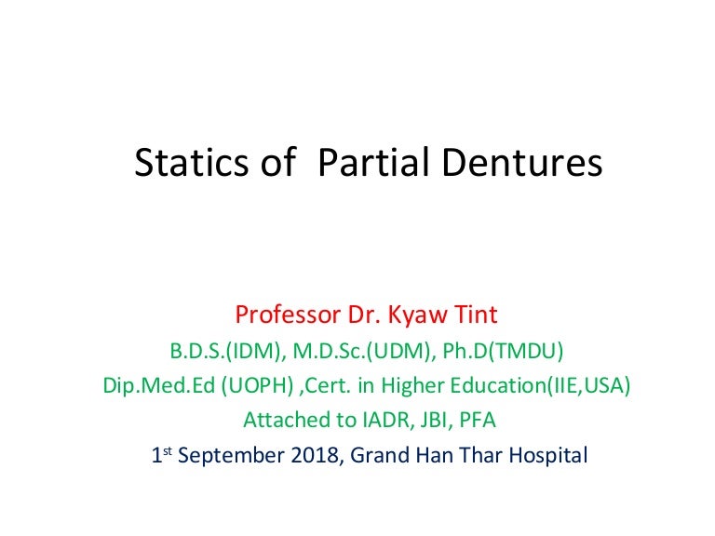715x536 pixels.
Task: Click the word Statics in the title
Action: point(192,162)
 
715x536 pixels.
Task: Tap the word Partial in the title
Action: point(373,162)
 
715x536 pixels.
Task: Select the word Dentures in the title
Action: point(522,162)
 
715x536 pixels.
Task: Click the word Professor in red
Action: point(288,315)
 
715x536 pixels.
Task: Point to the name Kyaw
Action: point(417,315)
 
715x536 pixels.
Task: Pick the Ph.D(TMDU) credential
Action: point(503,351)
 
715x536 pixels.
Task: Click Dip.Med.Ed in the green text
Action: point(158,385)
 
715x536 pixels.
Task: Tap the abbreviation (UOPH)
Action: point(258,385)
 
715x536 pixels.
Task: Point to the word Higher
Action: point(412,386)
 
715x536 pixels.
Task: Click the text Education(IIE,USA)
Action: point(540,385)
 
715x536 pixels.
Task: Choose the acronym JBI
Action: point(437,420)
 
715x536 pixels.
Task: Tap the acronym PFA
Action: point(478,420)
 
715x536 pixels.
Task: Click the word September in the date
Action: point(231,455)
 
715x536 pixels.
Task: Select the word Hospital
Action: point(548,455)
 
